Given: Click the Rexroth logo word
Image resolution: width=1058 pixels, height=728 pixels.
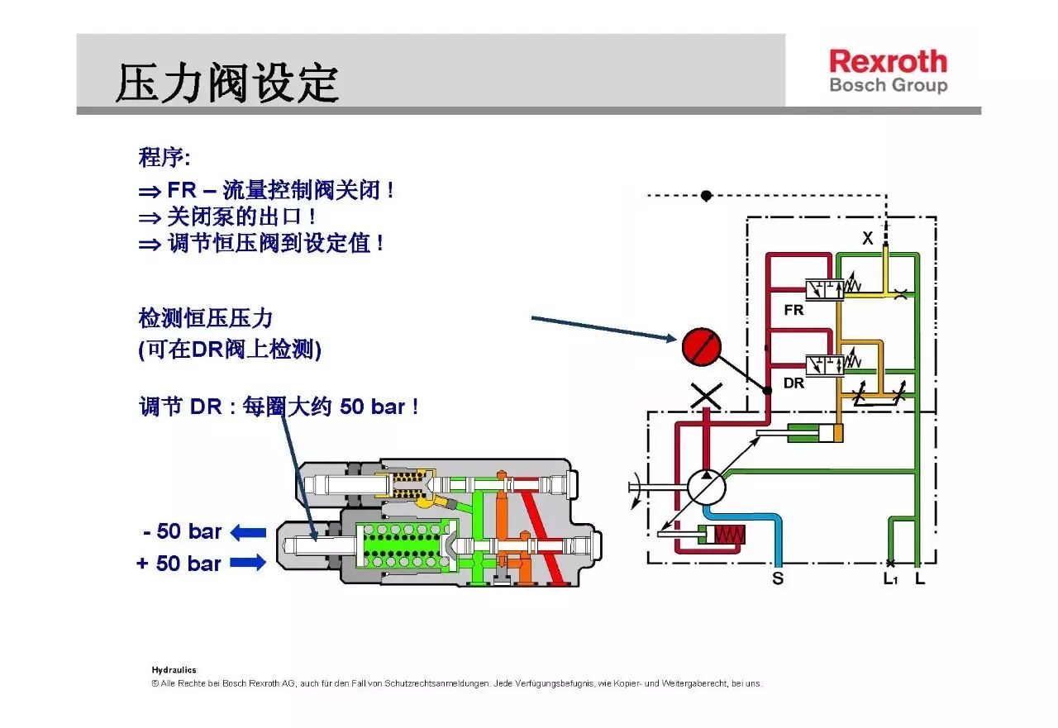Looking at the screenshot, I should [x=888, y=62].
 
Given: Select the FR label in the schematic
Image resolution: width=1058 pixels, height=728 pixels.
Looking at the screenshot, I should [x=793, y=311].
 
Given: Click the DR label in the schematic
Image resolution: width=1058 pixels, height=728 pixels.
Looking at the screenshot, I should [x=793, y=383].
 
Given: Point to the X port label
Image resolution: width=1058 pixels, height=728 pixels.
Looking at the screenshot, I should [x=867, y=239].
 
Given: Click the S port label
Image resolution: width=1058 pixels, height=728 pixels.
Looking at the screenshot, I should [x=778, y=579].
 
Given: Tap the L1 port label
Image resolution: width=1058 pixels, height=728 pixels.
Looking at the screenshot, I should [x=890, y=579].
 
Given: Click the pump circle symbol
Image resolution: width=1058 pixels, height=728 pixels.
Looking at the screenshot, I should [x=706, y=486].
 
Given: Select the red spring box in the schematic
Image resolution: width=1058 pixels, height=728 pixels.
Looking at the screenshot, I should [x=729, y=535].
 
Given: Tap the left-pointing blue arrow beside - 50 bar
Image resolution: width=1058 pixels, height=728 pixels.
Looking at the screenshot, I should [x=248, y=533].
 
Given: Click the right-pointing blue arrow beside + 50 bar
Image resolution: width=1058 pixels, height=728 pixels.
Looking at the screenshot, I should [x=248, y=564].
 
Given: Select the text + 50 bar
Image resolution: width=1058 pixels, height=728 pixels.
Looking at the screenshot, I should [x=179, y=564].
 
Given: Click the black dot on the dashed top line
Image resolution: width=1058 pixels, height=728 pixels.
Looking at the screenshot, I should [x=706, y=196].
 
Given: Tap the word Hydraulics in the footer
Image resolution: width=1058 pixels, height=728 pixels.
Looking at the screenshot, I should [x=174, y=670].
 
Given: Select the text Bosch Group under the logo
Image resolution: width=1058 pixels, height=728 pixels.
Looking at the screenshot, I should [x=888, y=85].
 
